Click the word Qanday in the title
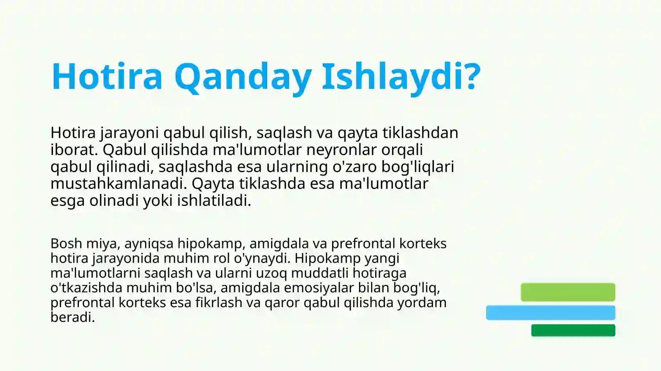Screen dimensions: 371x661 (x=243, y=76)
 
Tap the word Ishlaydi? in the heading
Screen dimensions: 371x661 (x=401, y=76)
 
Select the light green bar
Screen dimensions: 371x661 (x=568, y=292)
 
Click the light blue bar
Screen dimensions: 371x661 (x=550, y=313)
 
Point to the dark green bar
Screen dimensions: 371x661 (x=573, y=331)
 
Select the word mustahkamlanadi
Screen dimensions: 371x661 (x=119, y=184)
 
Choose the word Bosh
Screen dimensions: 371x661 (x=66, y=243)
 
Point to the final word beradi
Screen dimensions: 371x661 (x=73, y=317)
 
